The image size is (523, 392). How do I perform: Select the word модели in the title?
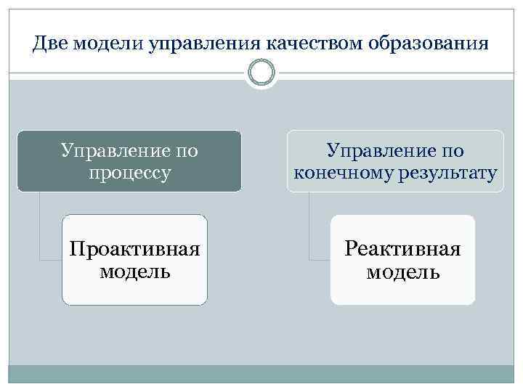pyautogui.click(x=107, y=44)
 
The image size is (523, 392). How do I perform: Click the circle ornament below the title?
pyautogui.click(x=261, y=73)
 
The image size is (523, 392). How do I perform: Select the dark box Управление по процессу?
pyautogui.click(x=129, y=161)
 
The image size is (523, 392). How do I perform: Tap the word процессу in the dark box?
pyautogui.click(x=129, y=173)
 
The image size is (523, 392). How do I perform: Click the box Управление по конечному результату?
pyautogui.click(x=395, y=161)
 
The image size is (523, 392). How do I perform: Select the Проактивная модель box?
pyautogui.click(x=134, y=260)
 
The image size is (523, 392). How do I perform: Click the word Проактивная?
pyautogui.click(x=134, y=249)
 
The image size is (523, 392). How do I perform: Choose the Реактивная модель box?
pyautogui.click(x=402, y=260)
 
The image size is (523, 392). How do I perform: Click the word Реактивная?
pyautogui.click(x=402, y=249)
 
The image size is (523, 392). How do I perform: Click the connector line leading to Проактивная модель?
pyautogui.click(x=40, y=232)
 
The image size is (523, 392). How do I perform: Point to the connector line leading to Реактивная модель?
pyautogui.click(x=309, y=232)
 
